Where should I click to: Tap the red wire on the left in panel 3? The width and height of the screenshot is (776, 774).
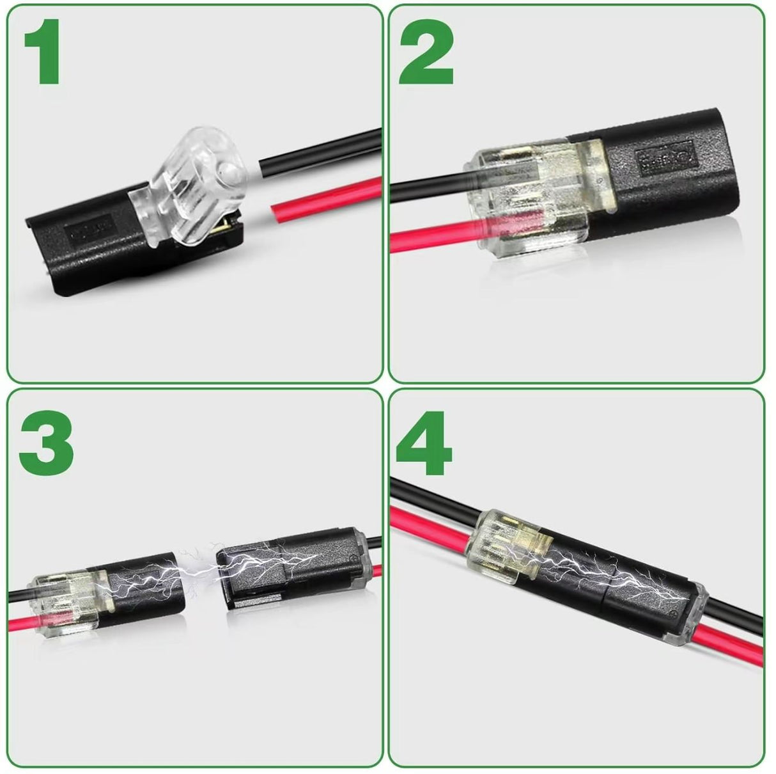[22, 622]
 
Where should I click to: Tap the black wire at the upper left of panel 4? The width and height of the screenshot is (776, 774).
[422, 496]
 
